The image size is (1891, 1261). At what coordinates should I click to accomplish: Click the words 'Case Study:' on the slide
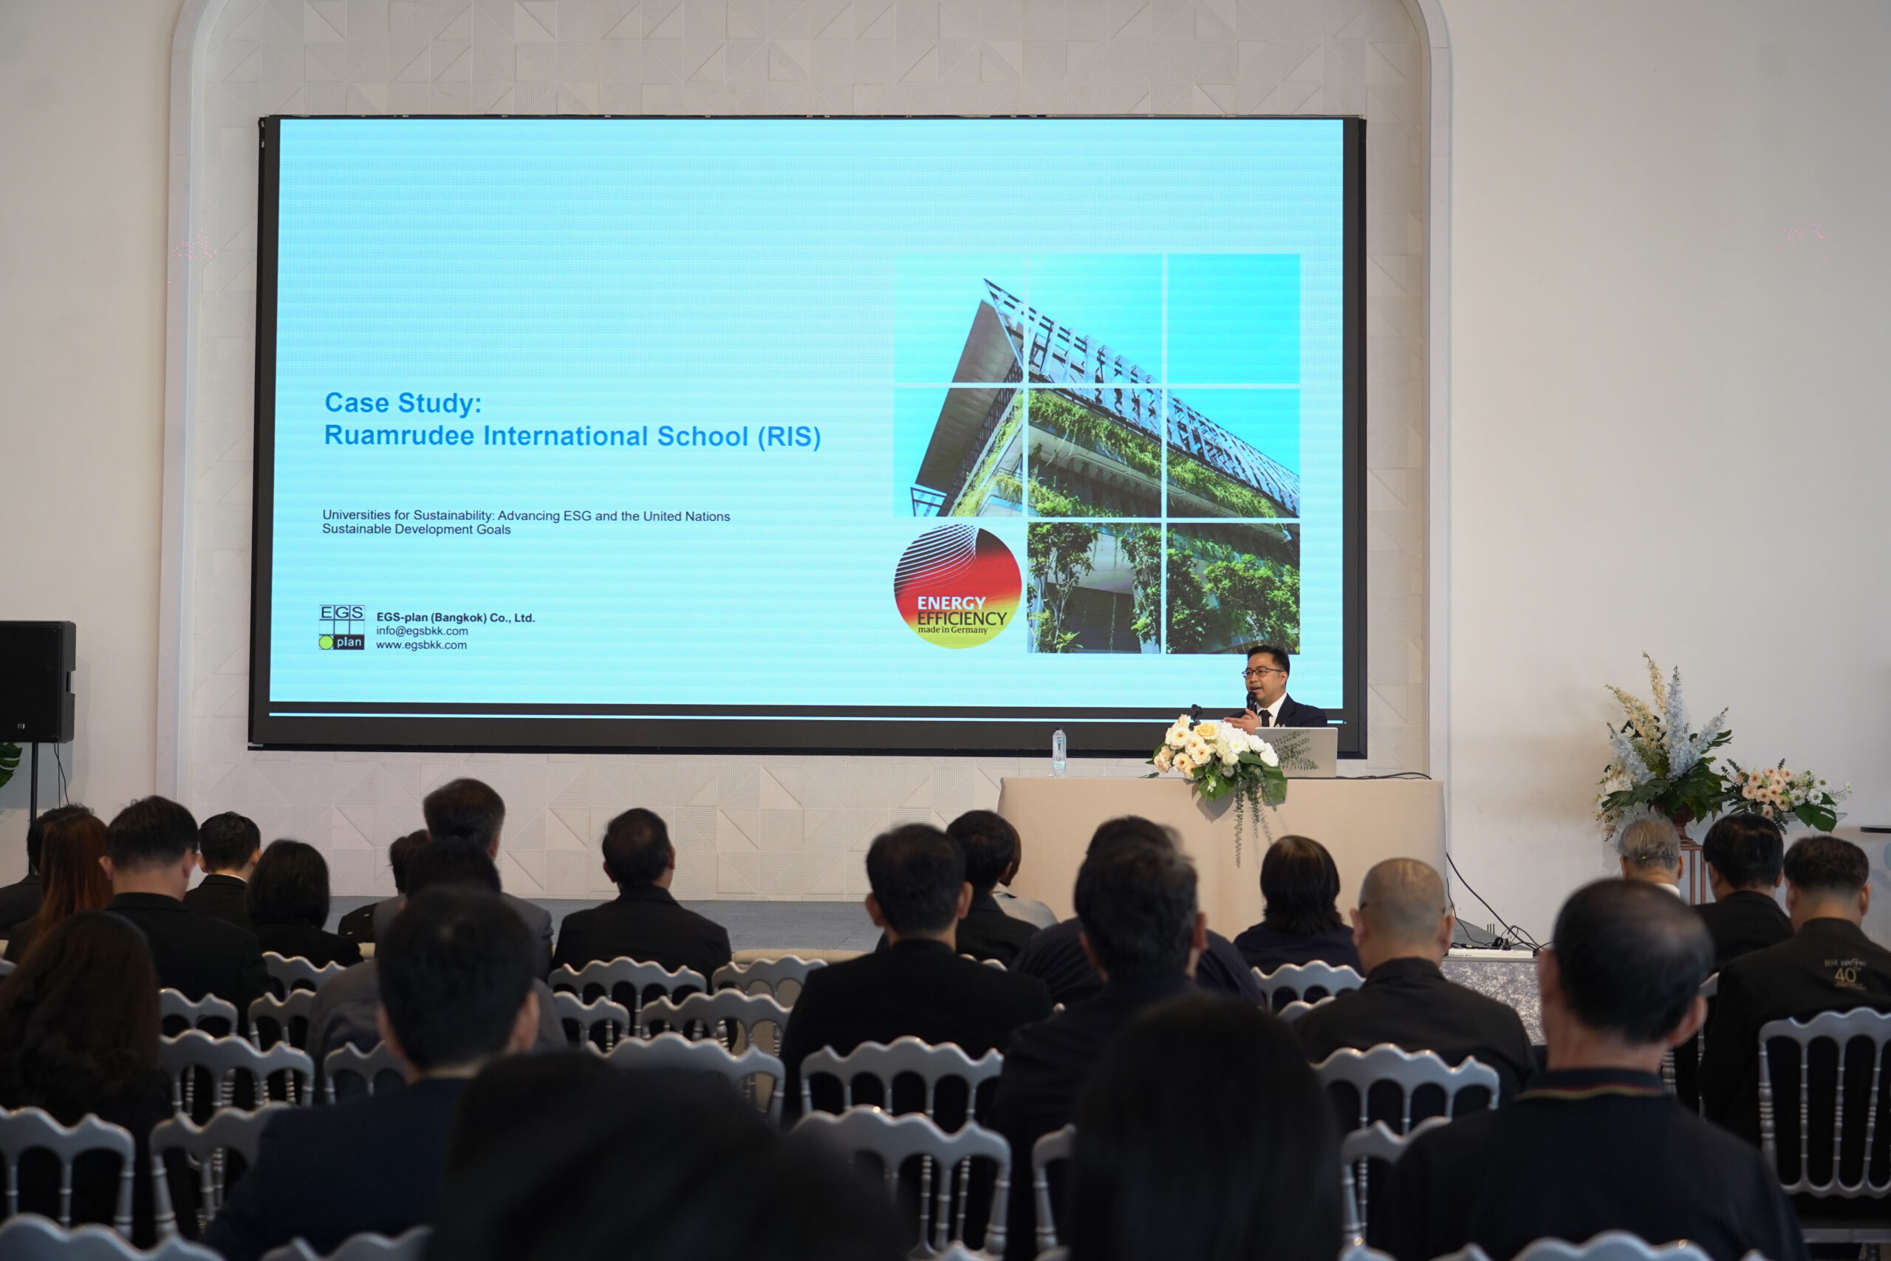pyautogui.click(x=403, y=403)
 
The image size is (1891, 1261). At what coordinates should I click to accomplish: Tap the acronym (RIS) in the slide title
pyautogui.click(x=789, y=437)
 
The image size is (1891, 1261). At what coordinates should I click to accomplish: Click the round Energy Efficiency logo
pyautogui.click(x=957, y=587)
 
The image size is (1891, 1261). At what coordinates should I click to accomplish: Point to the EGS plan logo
pyautogui.click(x=342, y=627)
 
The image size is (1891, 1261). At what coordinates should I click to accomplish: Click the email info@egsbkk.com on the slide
pyautogui.click(x=422, y=632)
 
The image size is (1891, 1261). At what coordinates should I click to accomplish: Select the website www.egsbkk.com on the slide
pyautogui.click(x=421, y=645)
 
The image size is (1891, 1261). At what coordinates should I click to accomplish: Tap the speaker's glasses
pyautogui.click(x=1262, y=671)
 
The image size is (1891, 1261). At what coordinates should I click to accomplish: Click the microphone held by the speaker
pyautogui.click(x=1251, y=702)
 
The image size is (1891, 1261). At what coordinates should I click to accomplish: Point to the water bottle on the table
pyautogui.click(x=1059, y=753)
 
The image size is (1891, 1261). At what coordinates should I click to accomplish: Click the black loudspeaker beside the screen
pyautogui.click(x=36, y=681)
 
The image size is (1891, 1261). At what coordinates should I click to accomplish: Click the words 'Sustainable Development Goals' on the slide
pyautogui.click(x=417, y=529)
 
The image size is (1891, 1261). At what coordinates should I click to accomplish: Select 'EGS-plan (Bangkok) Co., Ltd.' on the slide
pyautogui.click(x=455, y=618)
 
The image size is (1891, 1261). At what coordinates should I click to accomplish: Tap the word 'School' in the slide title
pyautogui.click(x=702, y=436)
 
